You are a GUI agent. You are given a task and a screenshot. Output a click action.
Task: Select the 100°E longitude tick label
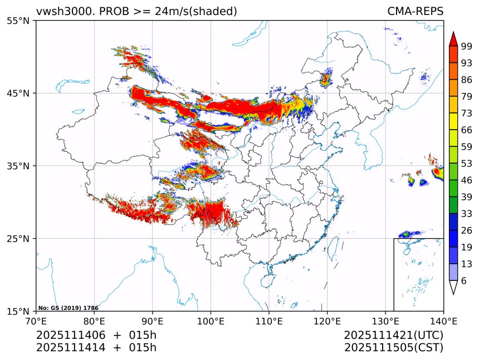click(x=211, y=320)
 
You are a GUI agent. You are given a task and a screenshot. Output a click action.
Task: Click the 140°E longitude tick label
click(x=443, y=320)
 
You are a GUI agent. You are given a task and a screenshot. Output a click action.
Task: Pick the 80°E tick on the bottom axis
click(x=94, y=320)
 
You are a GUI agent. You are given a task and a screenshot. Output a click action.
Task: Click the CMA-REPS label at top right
click(x=416, y=12)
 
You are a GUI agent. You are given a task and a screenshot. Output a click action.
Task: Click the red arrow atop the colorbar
click(x=453, y=39)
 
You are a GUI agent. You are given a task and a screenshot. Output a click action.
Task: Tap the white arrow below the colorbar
click(x=453, y=287)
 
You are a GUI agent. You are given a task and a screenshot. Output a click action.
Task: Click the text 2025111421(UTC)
click(x=393, y=335)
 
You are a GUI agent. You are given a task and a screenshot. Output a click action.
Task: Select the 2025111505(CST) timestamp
click(x=393, y=348)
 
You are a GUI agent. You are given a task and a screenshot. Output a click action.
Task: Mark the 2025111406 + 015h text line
click(x=96, y=335)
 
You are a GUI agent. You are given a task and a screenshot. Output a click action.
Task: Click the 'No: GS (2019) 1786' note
click(x=68, y=308)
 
